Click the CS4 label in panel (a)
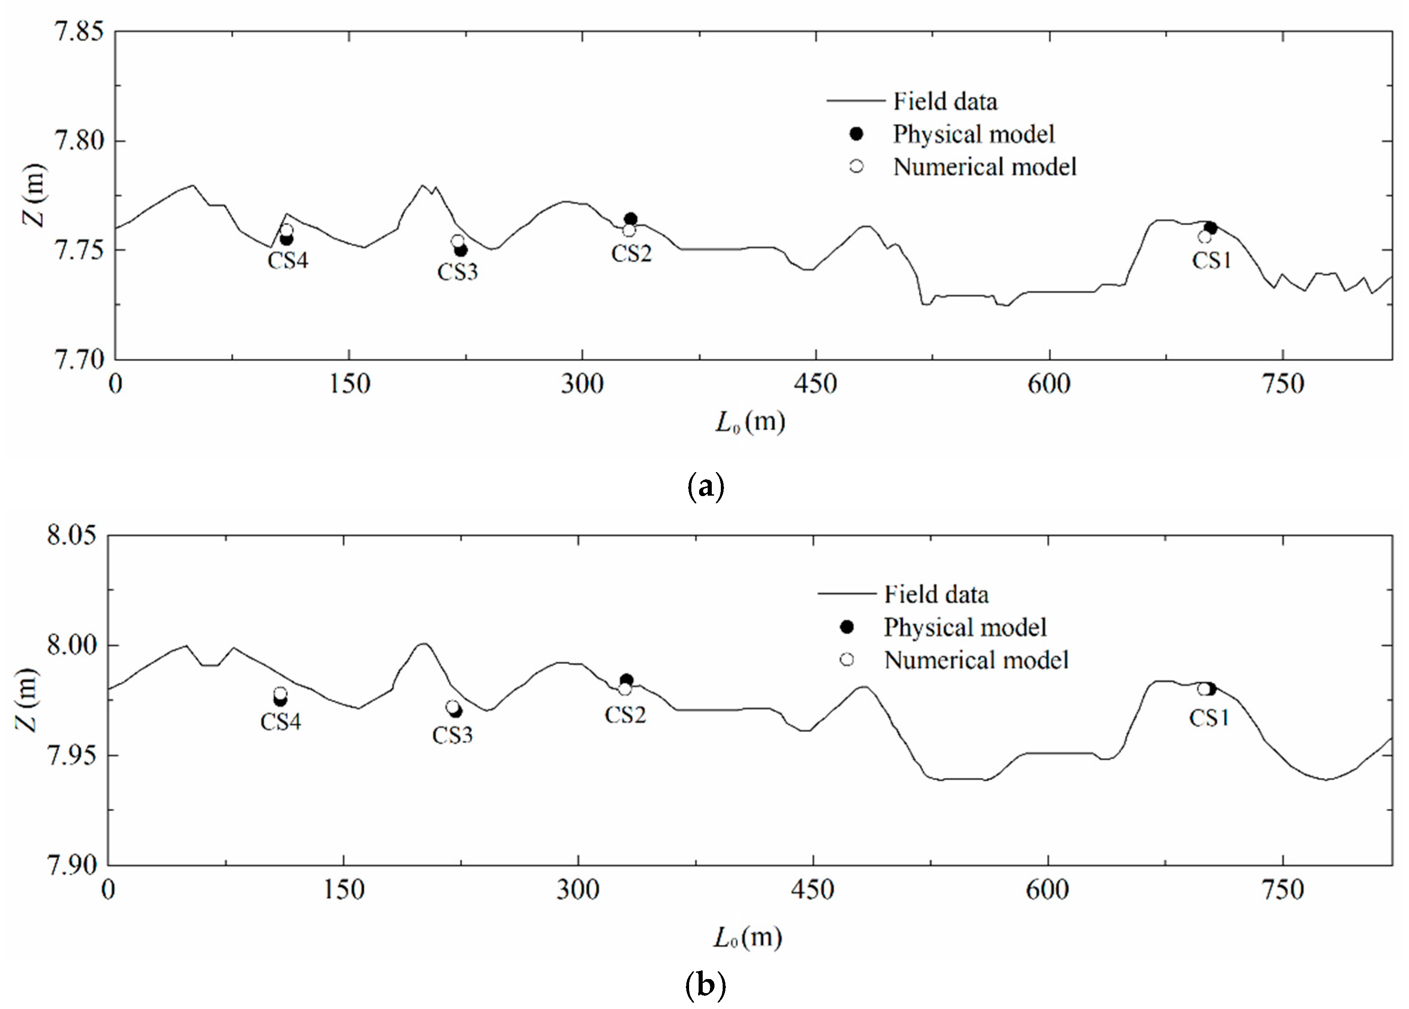click(x=288, y=260)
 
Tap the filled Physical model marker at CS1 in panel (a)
click(x=1210, y=228)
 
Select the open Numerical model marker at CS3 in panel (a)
click(x=457, y=241)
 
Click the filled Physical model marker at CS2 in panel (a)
click(x=631, y=219)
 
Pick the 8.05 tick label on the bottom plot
click(x=72, y=535)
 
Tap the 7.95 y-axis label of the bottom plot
click(x=72, y=755)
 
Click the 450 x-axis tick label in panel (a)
click(x=815, y=385)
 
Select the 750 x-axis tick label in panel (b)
click(x=1283, y=890)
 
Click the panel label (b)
click(x=705, y=985)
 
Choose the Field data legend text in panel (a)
click(x=945, y=101)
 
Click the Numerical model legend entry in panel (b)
click(x=976, y=660)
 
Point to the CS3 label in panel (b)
click(x=452, y=735)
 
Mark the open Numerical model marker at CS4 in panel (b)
click(x=280, y=693)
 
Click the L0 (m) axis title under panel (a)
click(x=750, y=422)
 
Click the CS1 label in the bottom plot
click(x=1209, y=718)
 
